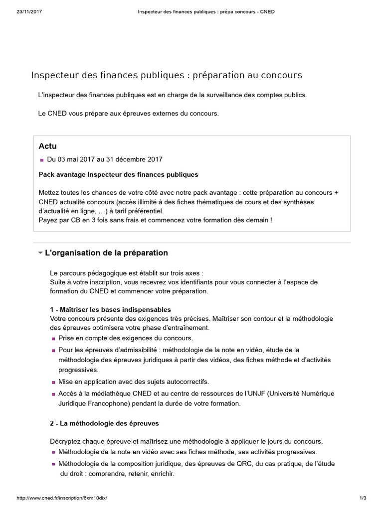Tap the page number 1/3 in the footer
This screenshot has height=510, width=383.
tap(363, 498)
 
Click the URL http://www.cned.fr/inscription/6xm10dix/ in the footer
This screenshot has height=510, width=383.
tap(62, 498)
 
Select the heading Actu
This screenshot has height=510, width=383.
tap(47, 146)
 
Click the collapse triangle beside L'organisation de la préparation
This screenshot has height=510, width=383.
tap(40, 253)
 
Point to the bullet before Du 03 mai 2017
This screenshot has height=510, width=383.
tap(42, 160)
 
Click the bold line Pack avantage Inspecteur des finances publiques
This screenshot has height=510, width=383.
tap(118, 174)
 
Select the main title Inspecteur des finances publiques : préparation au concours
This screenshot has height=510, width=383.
tap(167, 75)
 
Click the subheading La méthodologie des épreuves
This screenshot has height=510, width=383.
tap(109, 423)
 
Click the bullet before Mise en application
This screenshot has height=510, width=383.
tap(53, 382)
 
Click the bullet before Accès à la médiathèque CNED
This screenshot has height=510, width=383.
tap(53, 394)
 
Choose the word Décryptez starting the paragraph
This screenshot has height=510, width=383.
tap(67, 441)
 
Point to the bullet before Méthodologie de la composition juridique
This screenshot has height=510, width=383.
tap(53, 464)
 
